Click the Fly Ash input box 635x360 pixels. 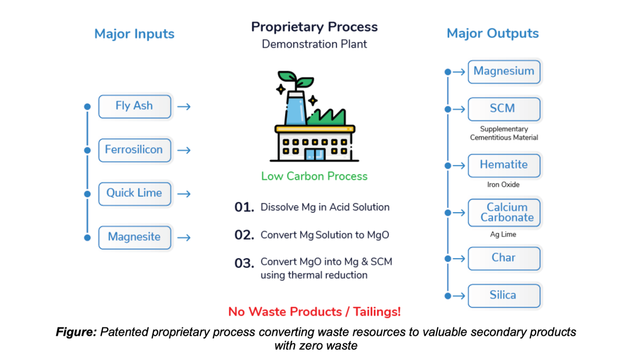point(135,106)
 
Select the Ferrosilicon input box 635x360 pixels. point(135,150)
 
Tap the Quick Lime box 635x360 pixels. point(135,194)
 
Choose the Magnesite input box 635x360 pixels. point(135,238)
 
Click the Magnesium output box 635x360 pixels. point(504,72)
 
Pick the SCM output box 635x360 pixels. point(504,109)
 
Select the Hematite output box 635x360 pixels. point(504,165)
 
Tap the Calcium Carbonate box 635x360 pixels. point(504,213)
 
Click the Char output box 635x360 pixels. point(504,258)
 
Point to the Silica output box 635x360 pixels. point(504,296)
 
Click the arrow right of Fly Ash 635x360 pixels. point(184,107)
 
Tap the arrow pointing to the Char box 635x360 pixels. point(459,258)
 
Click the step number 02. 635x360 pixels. point(244,235)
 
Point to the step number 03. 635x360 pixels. point(244,263)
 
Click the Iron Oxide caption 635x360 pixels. point(503,185)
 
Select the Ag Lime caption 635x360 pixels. point(503,234)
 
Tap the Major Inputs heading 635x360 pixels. point(134,34)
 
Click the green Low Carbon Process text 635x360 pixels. point(314,176)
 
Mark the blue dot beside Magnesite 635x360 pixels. point(87,238)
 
